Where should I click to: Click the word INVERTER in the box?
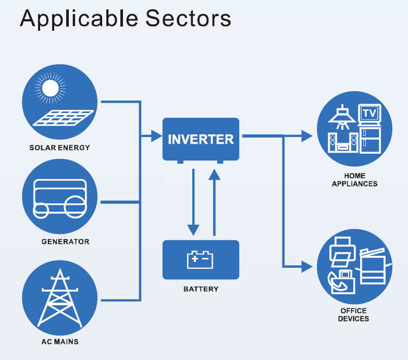[201, 139]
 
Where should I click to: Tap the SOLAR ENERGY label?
[59, 148]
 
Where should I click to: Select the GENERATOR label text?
[65, 242]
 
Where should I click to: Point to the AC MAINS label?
[60, 342]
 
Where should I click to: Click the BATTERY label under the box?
[201, 289]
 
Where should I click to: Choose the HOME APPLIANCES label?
[355, 180]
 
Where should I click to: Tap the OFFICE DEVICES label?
[353, 315]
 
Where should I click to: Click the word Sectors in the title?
[188, 18]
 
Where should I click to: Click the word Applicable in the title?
[79, 19]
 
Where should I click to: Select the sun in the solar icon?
[50, 88]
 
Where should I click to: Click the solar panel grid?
[64, 118]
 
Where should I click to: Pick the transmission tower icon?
[60, 298]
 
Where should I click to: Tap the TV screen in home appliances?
[370, 113]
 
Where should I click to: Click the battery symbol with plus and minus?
[200, 259]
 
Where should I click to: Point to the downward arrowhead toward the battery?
[193, 230]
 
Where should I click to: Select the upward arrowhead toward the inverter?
[214, 175]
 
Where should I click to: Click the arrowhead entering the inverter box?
[157, 136]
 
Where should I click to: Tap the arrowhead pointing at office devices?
[307, 266]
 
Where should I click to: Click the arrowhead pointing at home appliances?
[307, 136]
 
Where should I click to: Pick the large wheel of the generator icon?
[75, 207]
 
